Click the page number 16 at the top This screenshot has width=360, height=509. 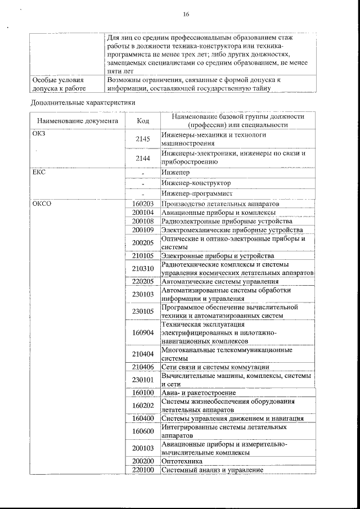coord(186,15)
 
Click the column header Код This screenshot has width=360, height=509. coord(143,120)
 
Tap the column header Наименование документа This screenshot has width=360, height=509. coord(78,120)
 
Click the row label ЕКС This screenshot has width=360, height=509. coord(38,172)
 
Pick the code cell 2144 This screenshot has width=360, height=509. coord(143,158)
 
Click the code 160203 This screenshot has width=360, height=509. coord(143,204)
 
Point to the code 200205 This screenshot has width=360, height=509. coord(143,242)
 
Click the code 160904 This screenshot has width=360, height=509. coord(143,332)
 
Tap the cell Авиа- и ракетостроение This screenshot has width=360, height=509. coord(198,393)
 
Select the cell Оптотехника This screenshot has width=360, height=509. coord(182,461)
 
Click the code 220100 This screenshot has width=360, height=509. coord(143,470)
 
